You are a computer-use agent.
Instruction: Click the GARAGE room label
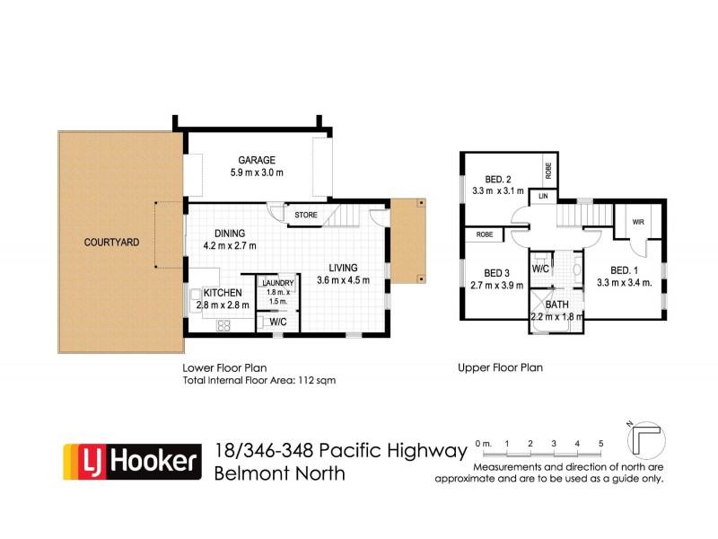coord(256,158)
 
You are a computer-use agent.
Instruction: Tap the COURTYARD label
coord(111,242)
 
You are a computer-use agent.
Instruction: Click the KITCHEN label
coord(222,293)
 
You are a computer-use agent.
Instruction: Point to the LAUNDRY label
coord(276,283)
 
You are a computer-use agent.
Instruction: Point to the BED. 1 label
coord(625,269)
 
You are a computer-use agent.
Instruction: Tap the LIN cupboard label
coord(542,196)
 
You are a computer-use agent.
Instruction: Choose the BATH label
coord(556,305)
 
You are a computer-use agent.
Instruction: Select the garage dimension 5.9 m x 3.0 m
coord(256,172)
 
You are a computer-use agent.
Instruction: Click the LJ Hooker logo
coord(129,461)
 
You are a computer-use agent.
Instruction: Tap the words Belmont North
coord(280,473)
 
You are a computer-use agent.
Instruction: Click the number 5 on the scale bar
coord(600,443)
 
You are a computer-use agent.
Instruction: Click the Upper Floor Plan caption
coord(500,367)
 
